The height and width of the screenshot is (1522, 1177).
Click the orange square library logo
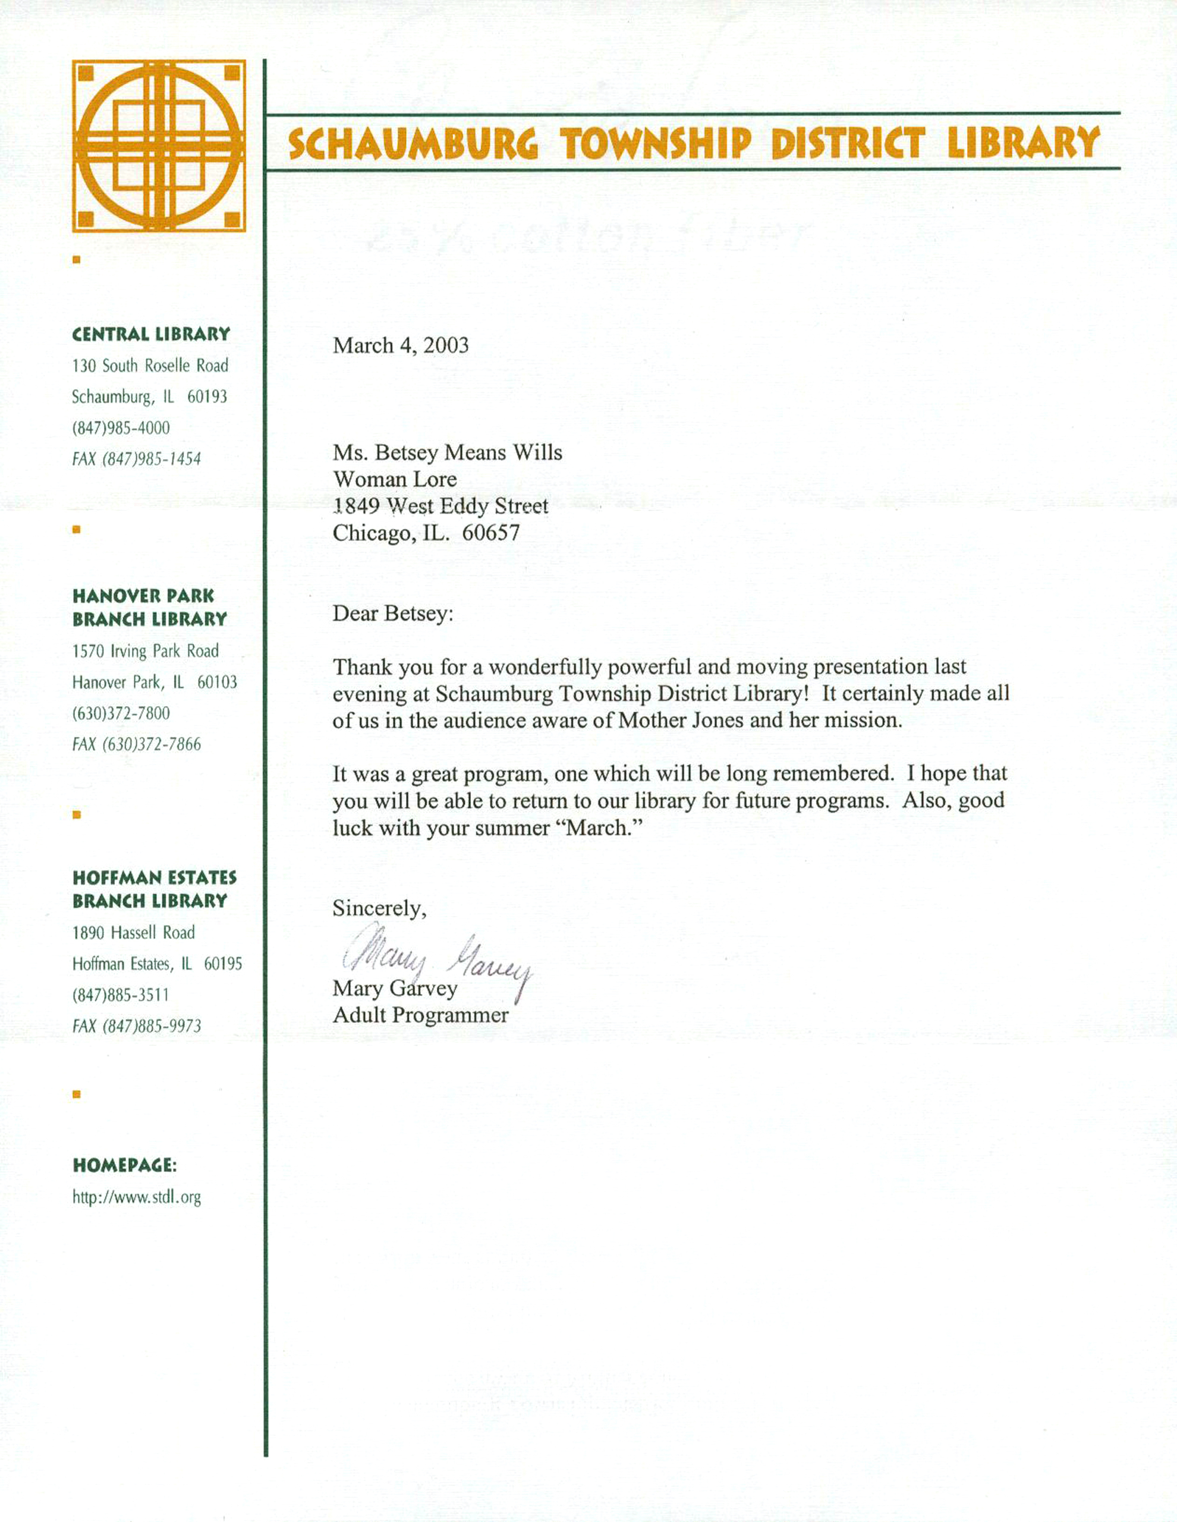click(159, 146)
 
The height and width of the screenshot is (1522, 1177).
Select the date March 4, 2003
click(401, 345)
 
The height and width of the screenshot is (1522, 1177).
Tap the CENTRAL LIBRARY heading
click(150, 335)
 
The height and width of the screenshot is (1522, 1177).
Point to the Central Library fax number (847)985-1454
click(137, 459)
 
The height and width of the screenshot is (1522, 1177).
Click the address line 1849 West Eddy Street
click(440, 506)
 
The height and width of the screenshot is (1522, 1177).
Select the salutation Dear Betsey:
click(392, 614)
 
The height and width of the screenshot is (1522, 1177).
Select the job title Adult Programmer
click(420, 1015)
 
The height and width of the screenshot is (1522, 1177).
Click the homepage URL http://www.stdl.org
click(137, 1197)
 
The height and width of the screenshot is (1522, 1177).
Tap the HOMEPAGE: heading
click(125, 1165)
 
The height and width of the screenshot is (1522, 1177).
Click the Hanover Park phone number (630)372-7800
click(121, 713)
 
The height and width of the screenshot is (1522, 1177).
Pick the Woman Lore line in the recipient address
click(395, 479)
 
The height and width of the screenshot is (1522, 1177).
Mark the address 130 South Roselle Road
click(150, 366)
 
